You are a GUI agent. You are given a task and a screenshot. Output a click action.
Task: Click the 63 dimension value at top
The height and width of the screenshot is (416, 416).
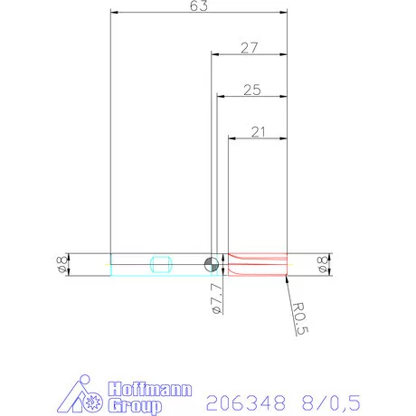pyautogui.click(x=199, y=7)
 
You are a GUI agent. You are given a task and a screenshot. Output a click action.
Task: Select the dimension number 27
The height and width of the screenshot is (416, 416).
pyautogui.click(x=251, y=49)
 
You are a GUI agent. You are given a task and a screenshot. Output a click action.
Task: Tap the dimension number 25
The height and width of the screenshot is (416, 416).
pyautogui.click(x=252, y=90)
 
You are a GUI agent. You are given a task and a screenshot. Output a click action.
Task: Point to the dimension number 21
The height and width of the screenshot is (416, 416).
pyautogui.click(x=259, y=132)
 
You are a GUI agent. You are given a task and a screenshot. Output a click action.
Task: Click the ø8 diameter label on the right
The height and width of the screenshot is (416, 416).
pyautogui.click(x=323, y=264)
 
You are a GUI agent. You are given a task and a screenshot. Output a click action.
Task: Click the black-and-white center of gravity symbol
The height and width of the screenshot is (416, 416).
pyautogui.click(x=211, y=264)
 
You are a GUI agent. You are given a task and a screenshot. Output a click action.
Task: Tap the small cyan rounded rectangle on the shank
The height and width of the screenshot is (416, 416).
pyautogui.click(x=161, y=264)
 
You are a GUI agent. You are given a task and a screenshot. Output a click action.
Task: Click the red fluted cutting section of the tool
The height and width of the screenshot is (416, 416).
pyautogui.click(x=258, y=264)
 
